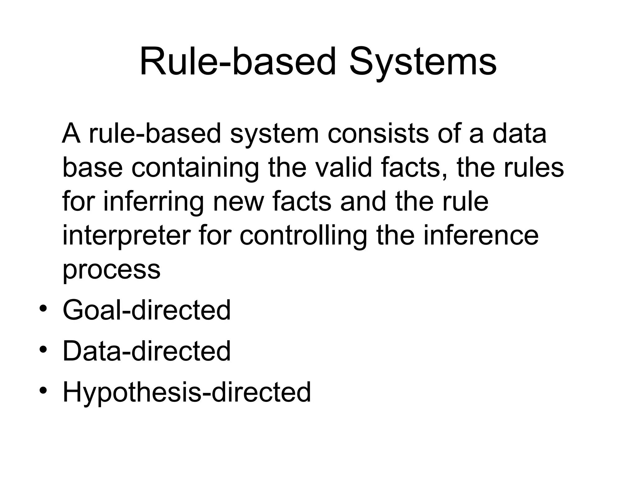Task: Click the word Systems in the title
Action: (x=423, y=62)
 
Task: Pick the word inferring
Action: (x=153, y=202)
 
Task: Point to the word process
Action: (x=111, y=270)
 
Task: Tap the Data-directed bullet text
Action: (x=146, y=351)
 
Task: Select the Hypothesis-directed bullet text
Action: (x=187, y=392)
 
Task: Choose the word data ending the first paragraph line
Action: (x=519, y=134)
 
